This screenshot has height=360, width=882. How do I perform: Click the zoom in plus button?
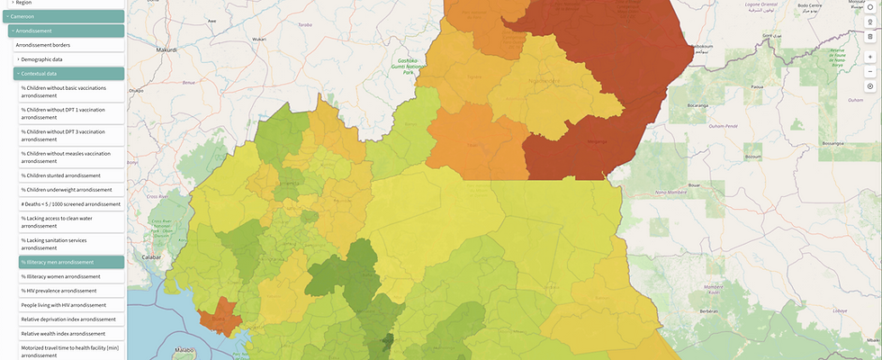tap(870, 57)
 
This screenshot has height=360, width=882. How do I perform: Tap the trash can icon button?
tap(870, 36)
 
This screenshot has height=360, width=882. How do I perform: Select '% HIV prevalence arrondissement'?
tap(58, 291)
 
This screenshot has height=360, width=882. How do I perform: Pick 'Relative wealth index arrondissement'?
tap(68, 334)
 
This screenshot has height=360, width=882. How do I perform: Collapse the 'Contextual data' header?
tap(45, 74)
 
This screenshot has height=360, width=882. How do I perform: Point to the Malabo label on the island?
tap(184, 349)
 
